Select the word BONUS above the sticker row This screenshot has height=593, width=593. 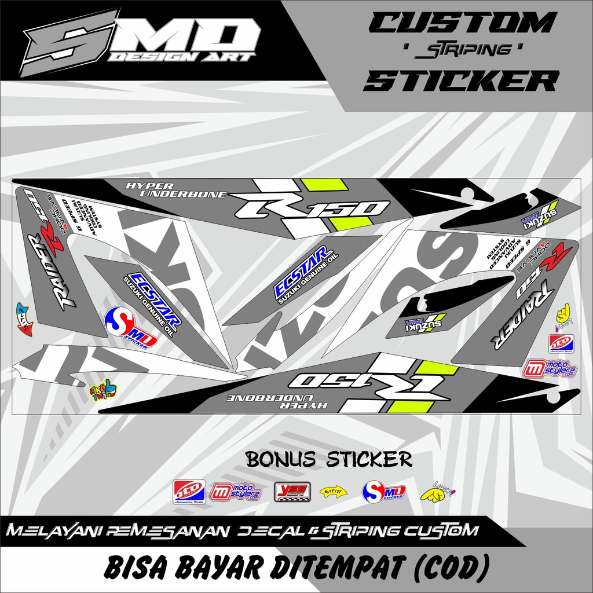[276, 460]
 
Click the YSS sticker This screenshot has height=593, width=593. [292, 492]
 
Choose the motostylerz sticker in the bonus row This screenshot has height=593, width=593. [235, 492]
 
